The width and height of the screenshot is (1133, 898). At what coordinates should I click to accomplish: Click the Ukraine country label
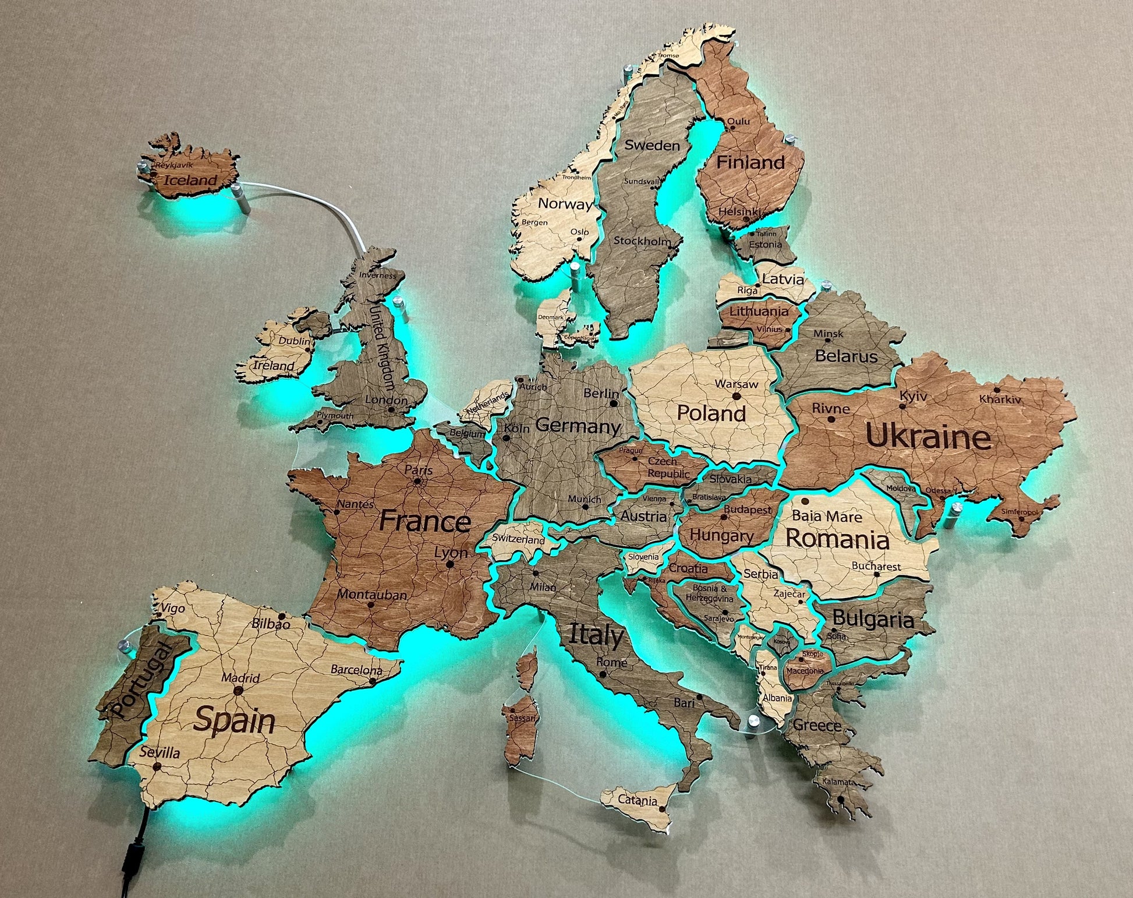coord(928,437)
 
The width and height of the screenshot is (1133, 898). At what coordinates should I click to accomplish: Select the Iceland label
coord(190,180)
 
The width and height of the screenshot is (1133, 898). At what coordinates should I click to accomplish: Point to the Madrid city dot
coord(238,690)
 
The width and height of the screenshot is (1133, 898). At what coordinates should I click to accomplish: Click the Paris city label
coord(419,469)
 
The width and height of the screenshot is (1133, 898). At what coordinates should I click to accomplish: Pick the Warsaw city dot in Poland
coord(737,396)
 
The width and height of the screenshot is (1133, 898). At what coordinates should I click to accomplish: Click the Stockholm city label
coord(642,240)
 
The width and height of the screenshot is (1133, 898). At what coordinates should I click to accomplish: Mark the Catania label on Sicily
coord(637,800)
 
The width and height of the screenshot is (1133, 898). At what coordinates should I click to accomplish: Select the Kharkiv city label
coord(1000,399)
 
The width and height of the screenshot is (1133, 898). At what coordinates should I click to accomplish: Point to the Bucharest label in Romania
coord(876,565)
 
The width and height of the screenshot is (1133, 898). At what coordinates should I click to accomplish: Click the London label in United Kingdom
coord(386,400)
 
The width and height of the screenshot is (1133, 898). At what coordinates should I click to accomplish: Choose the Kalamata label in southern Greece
coord(838,782)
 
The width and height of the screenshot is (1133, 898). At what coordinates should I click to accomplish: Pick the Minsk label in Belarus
coord(828,334)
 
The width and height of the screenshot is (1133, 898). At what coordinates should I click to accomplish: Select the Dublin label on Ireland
coord(295,341)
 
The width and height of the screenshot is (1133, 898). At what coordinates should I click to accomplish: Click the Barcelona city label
coord(356,670)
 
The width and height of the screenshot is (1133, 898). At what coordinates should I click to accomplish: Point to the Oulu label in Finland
coord(738,121)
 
